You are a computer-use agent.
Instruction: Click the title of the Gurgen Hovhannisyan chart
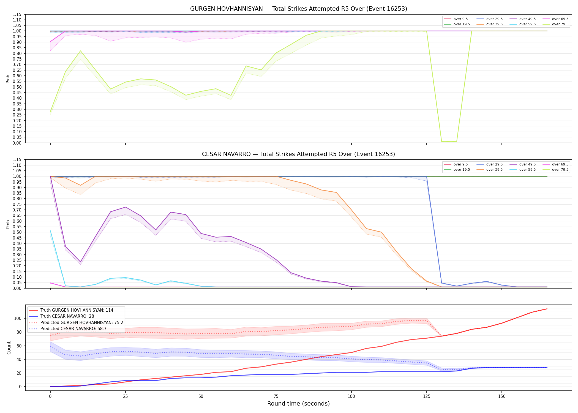tap(299, 9)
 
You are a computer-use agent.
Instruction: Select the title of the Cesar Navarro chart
tap(299, 154)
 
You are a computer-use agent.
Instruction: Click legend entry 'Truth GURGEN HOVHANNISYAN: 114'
tap(77, 310)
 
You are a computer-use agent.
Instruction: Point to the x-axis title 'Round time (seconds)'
tap(299, 404)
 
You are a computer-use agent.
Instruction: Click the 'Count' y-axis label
tap(9, 348)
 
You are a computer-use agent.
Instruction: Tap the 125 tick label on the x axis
tap(427, 396)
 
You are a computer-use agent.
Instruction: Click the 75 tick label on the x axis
tap(276, 396)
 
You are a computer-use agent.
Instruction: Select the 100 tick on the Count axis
tap(18, 318)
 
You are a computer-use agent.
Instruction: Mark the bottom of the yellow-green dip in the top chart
tap(449, 142)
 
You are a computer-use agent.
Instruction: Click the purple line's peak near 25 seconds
tap(126, 207)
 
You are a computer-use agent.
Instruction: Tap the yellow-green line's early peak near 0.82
tap(80, 51)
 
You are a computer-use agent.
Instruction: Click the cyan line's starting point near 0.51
tap(50, 231)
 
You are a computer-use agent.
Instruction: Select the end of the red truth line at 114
tap(547, 309)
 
